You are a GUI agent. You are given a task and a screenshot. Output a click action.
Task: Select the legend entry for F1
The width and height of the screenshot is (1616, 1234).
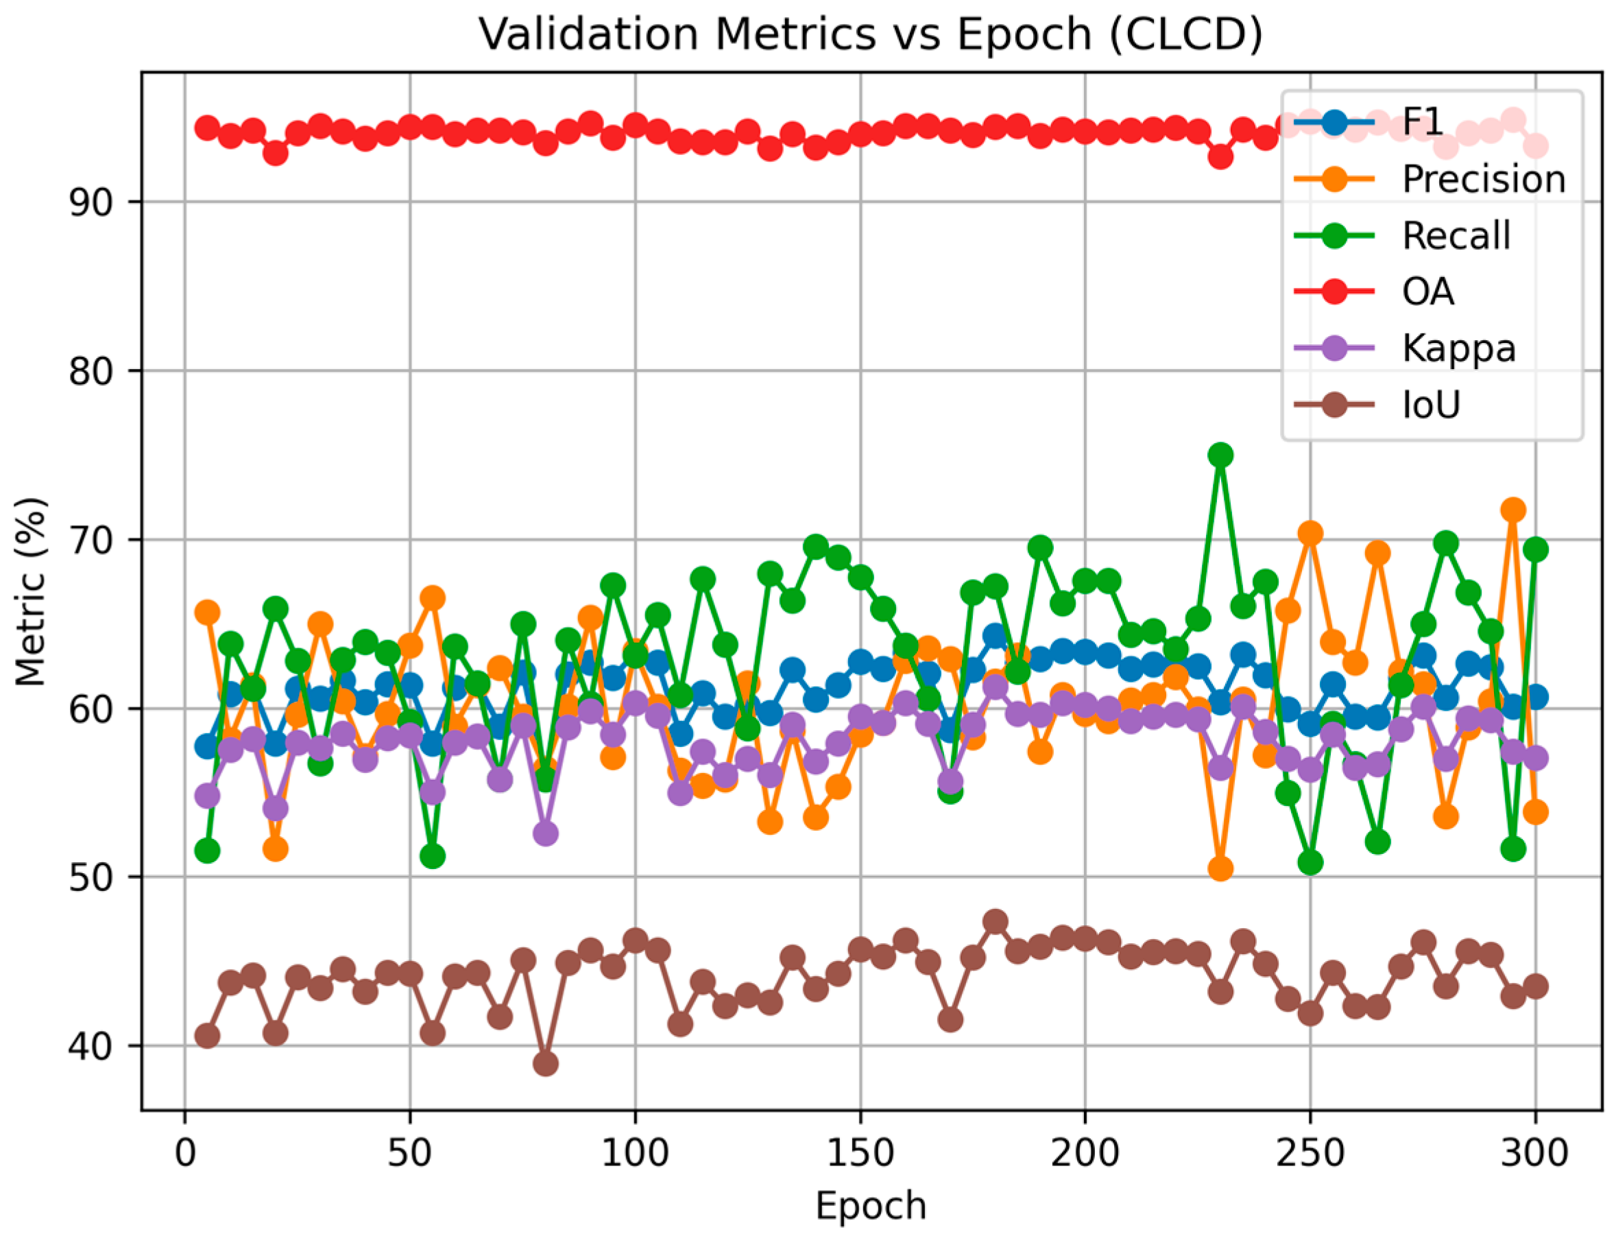click(x=1423, y=122)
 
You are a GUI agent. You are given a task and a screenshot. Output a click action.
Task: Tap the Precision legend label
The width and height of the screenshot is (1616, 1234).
click(x=1483, y=178)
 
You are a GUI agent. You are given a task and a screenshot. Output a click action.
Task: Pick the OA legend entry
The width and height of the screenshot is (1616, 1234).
click(x=1427, y=292)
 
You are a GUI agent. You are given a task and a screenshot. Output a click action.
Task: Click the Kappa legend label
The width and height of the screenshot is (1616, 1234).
click(x=1458, y=348)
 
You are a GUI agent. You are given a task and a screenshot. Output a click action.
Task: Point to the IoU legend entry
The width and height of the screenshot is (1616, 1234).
click(x=1430, y=404)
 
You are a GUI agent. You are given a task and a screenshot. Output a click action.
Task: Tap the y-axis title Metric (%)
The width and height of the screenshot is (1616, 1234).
click(x=31, y=592)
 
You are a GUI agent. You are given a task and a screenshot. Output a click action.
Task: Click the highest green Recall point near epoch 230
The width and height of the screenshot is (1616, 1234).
click(x=1220, y=455)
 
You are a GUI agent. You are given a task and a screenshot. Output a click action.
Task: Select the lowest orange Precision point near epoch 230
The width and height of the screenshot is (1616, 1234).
click(x=1220, y=869)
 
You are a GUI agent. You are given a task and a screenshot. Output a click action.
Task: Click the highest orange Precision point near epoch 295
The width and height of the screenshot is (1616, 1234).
click(x=1512, y=509)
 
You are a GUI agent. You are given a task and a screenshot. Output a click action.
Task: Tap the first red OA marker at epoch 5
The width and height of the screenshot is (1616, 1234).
click(x=207, y=128)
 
